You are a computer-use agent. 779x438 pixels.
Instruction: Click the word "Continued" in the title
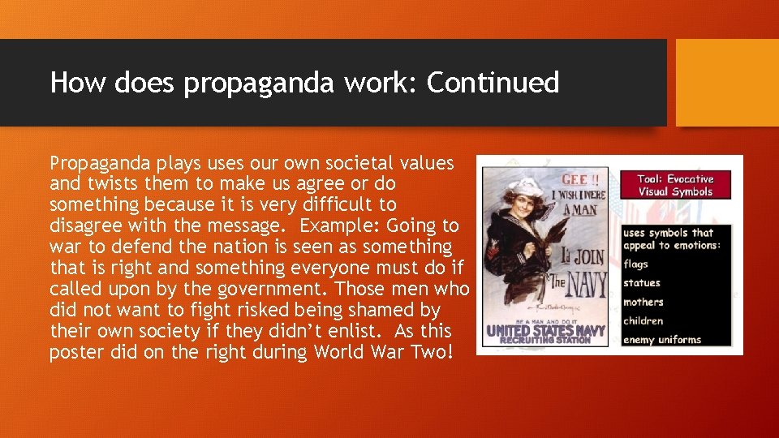click(493, 83)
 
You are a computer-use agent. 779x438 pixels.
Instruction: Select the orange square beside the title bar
click(726, 83)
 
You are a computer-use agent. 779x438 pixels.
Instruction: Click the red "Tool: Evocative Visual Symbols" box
click(675, 185)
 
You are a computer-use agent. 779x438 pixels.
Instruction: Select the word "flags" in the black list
click(635, 264)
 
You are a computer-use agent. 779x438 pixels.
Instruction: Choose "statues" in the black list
click(641, 283)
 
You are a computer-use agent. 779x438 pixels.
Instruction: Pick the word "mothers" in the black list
click(643, 302)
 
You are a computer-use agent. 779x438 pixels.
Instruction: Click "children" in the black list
click(643, 320)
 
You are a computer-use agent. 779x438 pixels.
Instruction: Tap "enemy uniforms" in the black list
click(661, 340)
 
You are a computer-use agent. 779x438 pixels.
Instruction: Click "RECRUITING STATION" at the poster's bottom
click(544, 341)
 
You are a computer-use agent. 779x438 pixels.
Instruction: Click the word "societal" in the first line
click(351, 162)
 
